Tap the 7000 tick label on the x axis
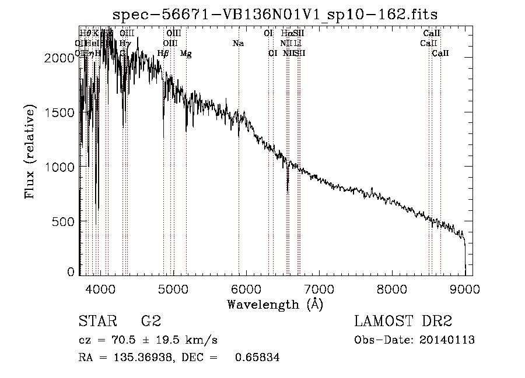tap(319, 288)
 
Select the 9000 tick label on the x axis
tap(464, 288)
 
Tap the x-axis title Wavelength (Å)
tap(275, 304)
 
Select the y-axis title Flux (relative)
tap(30, 151)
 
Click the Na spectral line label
tap(238, 44)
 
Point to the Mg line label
tap(185, 54)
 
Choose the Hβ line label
tap(163, 54)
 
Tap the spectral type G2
tap(150, 322)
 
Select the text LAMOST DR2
tap(403, 322)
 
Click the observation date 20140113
tap(450, 340)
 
